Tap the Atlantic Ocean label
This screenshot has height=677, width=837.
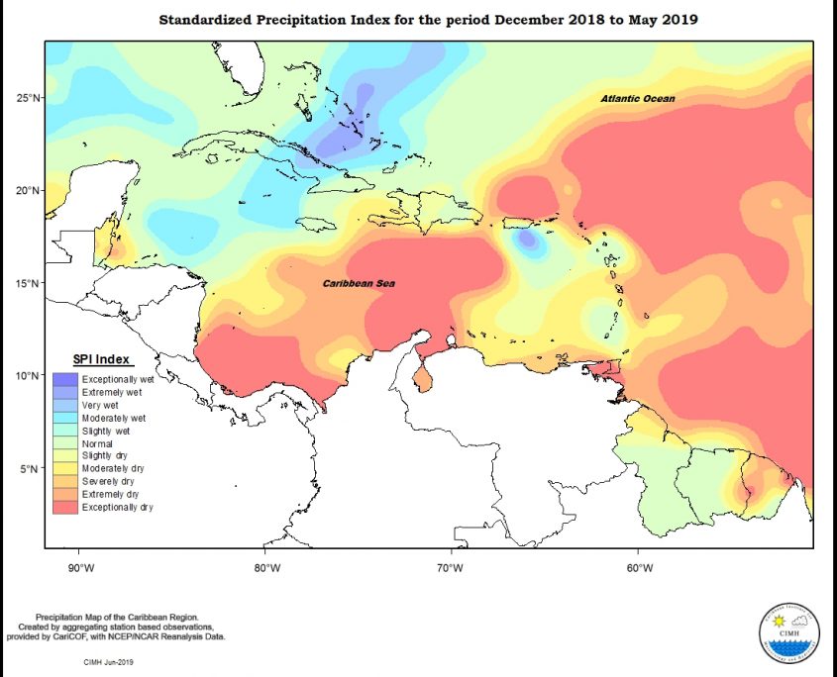tap(638, 99)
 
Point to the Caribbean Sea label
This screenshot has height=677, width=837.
tap(354, 284)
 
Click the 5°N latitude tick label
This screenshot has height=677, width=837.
tap(28, 469)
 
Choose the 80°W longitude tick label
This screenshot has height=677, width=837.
tap(265, 567)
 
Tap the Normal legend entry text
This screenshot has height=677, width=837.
tap(97, 443)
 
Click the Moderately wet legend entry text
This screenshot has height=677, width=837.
tap(114, 419)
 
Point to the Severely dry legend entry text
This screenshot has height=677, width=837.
tap(108, 482)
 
